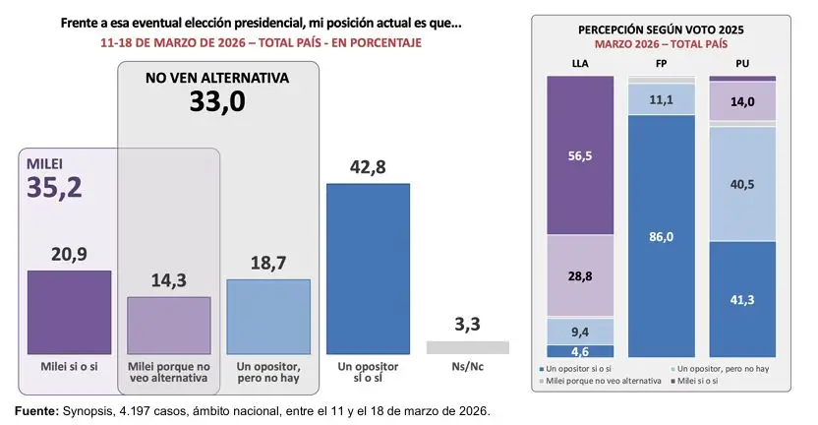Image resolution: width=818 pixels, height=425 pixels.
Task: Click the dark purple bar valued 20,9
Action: tap(69, 313)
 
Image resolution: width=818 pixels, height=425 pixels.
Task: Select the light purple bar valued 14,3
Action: tap(168, 326)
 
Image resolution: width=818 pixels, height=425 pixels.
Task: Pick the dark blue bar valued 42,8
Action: tap(368, 269)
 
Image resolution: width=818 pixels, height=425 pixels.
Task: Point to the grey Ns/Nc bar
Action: tap(467, 347)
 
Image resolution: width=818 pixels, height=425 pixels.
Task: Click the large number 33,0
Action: tap(218, 102)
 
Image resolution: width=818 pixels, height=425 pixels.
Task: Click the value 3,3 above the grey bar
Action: tap(467, 322)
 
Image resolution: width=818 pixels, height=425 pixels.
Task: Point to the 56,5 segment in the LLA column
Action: tap(579, 155)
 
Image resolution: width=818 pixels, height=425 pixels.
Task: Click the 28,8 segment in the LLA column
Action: tap(579, 277)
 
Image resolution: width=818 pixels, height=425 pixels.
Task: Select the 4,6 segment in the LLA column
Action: tap(579, 351)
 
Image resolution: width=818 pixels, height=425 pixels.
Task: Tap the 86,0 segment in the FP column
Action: tap(661, 236)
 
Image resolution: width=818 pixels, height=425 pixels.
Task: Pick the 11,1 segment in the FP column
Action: tap(661, 99)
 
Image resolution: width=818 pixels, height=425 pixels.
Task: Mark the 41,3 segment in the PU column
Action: tap(742, 299)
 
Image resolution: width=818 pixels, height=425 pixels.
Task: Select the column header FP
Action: tap(661, 64)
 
